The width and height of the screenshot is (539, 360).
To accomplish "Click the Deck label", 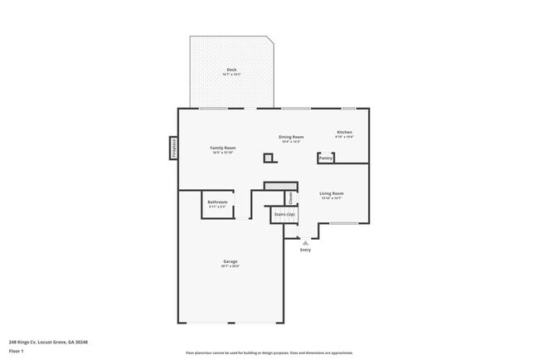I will [x=231, y=69].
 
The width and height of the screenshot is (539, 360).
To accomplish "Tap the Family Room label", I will [x=224, y=148].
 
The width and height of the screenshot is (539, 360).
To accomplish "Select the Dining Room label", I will [x=291, y=137].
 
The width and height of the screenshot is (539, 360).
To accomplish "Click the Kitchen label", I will [x=344, y=132].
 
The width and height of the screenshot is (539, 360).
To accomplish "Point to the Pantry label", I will [x=326, y=158].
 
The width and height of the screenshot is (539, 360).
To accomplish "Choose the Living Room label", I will [x=332, y=193].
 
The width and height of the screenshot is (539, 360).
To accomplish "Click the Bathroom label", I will [x=217, y=201].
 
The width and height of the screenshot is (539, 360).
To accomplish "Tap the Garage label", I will [x=230, y=261].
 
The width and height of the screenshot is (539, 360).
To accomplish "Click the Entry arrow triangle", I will [x=305, y=242].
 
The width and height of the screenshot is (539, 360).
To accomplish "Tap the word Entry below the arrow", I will [x=305, y=250].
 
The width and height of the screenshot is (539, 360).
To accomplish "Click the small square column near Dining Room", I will [x=268, y=158].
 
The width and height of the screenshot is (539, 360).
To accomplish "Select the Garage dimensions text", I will [x=230, y=266].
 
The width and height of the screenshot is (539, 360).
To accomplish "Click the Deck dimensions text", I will [x=231, y=75].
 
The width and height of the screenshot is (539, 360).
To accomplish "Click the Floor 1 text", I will [x=17, y=349].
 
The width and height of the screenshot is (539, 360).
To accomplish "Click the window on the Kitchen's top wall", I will [x=348, y=108].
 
